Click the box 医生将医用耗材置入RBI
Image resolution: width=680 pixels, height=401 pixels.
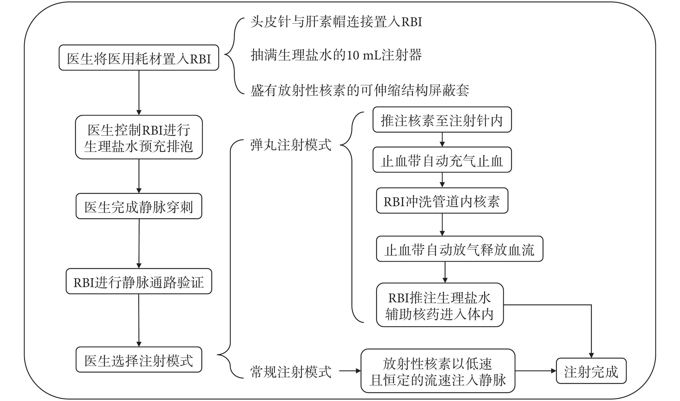[139, 57]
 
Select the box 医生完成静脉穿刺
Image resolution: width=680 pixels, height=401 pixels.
[139, 206]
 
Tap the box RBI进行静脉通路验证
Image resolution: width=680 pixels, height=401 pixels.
[139, 281]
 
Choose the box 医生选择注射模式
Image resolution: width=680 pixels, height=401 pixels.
[139, 360]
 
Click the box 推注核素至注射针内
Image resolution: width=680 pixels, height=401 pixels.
[442, 120]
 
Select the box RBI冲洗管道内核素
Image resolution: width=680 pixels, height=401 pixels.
[442, 200]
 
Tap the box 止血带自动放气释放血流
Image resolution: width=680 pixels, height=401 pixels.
[460, 249]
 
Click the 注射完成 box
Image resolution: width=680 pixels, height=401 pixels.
[591, 371]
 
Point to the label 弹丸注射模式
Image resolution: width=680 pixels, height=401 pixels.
[291, 145]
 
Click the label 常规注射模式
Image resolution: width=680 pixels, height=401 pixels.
[291, 372]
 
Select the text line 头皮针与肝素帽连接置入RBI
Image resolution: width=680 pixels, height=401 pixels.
[336, 22]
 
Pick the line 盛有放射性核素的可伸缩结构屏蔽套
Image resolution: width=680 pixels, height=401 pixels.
[360, 90]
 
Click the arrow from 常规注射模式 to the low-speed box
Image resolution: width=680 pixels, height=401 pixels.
[350, 371]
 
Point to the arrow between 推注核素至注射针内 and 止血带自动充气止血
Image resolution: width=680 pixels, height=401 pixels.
[442, 140]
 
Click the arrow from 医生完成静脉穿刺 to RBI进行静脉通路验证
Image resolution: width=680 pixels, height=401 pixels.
[139, 243]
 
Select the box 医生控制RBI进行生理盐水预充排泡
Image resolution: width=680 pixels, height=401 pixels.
[139, 137]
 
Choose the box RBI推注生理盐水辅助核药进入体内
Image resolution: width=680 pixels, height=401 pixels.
[440, 305]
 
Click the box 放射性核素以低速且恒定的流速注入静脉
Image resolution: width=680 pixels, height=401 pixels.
[438, 371]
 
